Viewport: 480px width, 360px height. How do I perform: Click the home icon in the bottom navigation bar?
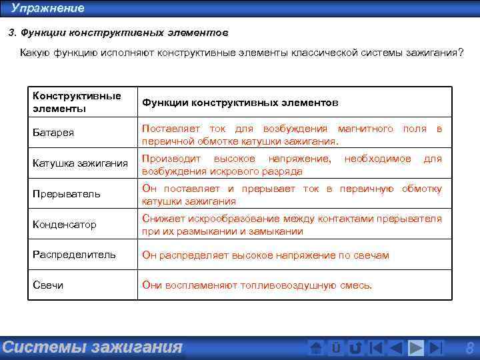[x=317, y=348]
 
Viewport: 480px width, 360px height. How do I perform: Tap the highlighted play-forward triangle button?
[x=416, y=348]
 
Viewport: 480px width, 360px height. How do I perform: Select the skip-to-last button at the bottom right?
[x=436, y=348]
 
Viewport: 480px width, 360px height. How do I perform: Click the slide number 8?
[x=469, y=347]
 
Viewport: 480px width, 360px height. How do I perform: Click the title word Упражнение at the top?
[x=48, y=9]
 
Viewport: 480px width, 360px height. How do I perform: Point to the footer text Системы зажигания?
[x=92, y=347]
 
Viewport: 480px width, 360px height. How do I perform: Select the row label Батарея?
[x=53, y=133]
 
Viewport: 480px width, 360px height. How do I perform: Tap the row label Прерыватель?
[x=67, y=194]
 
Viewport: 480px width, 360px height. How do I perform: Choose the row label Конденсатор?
[x=65, y=225]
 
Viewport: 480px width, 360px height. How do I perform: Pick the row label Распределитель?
[x=74, y=255]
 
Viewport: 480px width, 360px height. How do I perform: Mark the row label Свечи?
[x=48, y=285]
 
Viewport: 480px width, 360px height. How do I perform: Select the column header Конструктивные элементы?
[x=77, y=102]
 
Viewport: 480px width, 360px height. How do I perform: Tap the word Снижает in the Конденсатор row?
[x=162, y=219]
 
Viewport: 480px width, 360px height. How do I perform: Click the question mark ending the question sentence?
[x=461, y=53]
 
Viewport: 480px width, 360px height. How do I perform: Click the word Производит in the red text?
[x=169, y=159]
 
